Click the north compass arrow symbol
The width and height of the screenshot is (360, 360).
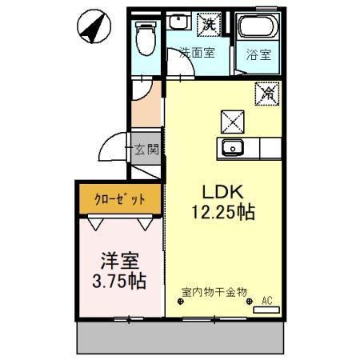point(94,27)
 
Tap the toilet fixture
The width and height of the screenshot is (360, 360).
point(146,38)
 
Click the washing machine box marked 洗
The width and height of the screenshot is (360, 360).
point(209,25)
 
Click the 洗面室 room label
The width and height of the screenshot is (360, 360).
point(197,52)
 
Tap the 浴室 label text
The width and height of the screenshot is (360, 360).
point(258,54)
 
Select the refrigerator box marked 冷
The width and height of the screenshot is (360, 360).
point(267,94)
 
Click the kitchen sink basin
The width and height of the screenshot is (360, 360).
point(233,148)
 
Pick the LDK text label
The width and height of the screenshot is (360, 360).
point(223,192)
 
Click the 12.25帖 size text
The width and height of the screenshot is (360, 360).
point(223,212)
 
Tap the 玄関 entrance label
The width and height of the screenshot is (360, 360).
point(146,150)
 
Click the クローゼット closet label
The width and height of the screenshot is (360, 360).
point(120,199)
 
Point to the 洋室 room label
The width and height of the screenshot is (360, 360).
point(119,261)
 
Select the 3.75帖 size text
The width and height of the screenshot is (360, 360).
point(119,281)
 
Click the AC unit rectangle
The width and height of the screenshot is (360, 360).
point(266,310)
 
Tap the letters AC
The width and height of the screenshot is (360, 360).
point(266,301)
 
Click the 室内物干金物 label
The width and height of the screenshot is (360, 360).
point(214,292)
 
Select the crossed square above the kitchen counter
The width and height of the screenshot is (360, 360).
point(233,122)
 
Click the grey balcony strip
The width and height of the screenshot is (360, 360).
point(181,338)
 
